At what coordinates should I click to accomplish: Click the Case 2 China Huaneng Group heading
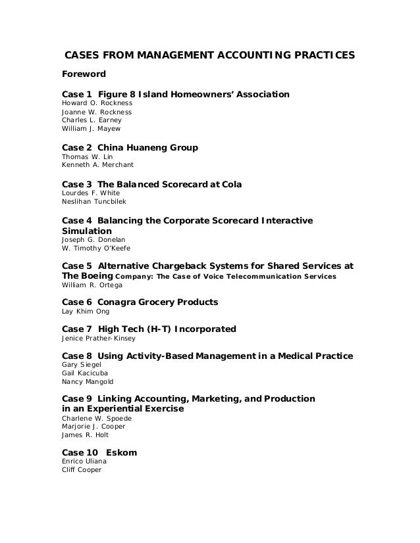click(x=129, y=148)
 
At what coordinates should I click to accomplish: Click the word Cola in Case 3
click(x=230, y=185)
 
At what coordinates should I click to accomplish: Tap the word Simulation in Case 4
click(x=86, y=231)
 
